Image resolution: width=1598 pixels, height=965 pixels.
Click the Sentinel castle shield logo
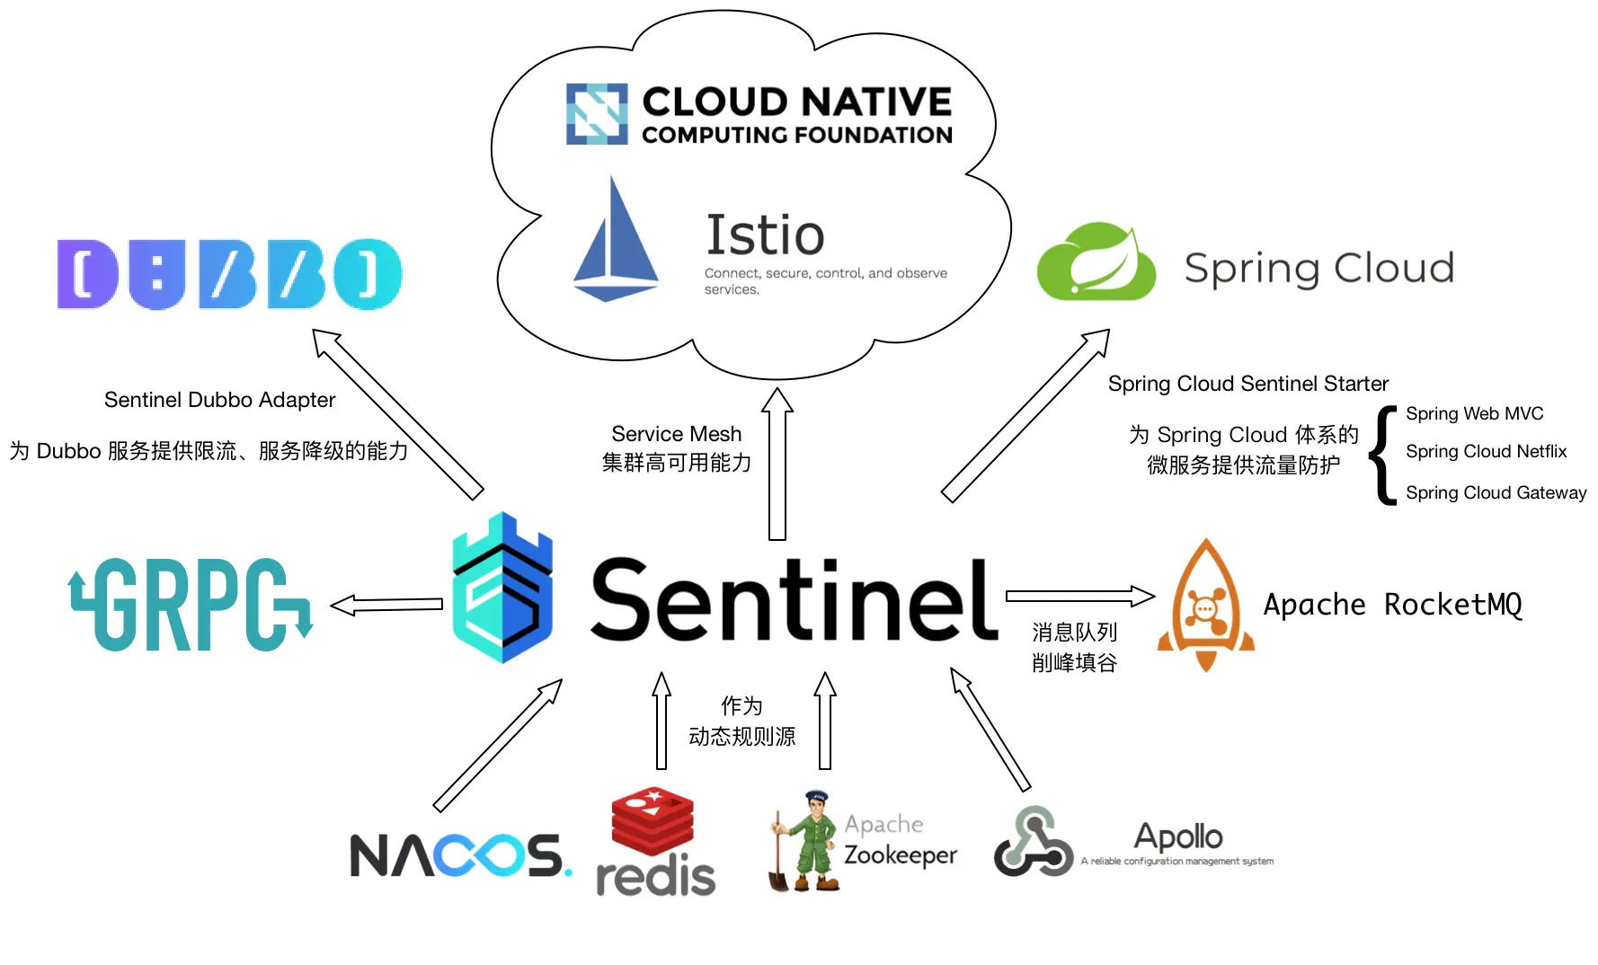[502, 589]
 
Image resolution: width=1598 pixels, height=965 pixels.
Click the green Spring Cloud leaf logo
[1096, 262]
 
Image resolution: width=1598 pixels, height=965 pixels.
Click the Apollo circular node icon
[1033, 842]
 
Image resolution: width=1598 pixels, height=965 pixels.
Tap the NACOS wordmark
[458, 854]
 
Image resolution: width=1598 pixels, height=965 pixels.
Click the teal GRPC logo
[191, 604]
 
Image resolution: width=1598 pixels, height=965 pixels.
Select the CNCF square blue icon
[596, 114]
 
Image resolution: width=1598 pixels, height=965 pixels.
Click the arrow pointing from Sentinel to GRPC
[387, 606]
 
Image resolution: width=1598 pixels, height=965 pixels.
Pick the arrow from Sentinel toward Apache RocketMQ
[1079, 596]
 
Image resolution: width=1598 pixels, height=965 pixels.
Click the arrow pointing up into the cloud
[777, 464]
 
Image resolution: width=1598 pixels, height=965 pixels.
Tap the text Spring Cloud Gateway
[1496, 492]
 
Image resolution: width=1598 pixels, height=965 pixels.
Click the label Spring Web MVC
[1474, 413]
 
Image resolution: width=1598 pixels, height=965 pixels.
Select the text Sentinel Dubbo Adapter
[219, 400]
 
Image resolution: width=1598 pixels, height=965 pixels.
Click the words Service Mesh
[676, 434]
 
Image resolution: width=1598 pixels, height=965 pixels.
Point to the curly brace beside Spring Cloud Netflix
[1384, 455]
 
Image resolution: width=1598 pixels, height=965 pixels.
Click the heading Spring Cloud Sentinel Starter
[1247, 384]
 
